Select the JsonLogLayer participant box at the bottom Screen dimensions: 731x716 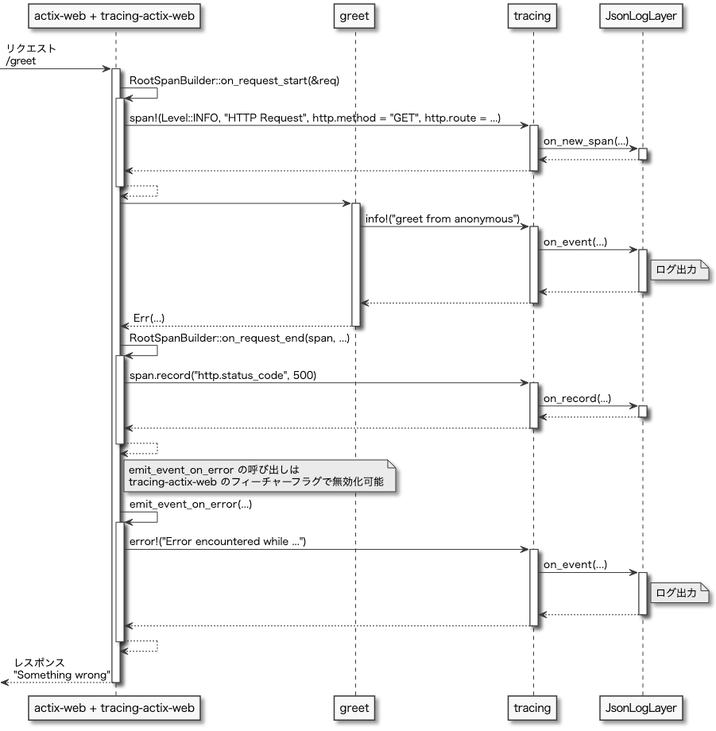click(x=642, y=707)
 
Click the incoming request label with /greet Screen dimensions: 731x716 click(x=30, y=55)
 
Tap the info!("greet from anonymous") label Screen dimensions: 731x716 click(x=442, y=219)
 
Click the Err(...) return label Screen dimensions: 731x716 click(x=149, y=318)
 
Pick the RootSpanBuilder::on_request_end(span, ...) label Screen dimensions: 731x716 click(x=239, y=338)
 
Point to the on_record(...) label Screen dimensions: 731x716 click(x=577, y=398)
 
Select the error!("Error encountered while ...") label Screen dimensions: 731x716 click(x=217, y=542)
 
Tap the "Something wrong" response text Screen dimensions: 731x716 click(x=61, y=675)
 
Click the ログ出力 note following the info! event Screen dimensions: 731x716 click(x=679, y=270)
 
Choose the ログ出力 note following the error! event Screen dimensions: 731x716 click(x=679, y=593)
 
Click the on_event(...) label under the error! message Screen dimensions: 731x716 click(x=575, y=565)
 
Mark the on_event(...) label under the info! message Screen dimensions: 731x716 click(x=575, y=242)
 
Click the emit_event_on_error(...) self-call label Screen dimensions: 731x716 click(x=190, y=505)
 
